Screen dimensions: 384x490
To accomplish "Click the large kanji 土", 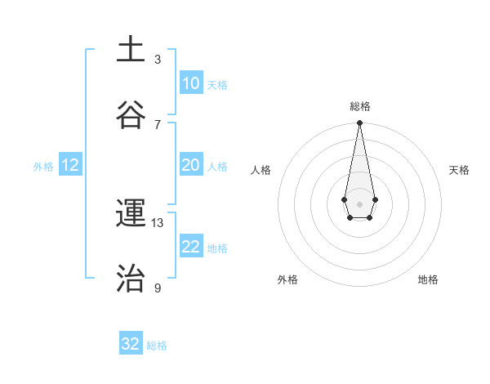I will pos(131,50).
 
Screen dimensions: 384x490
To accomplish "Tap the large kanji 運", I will pos(131,213).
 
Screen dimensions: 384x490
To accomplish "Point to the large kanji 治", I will pos(131,279).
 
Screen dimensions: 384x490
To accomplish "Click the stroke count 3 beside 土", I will pos(158,60).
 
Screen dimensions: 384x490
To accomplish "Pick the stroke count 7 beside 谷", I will pos(158,124).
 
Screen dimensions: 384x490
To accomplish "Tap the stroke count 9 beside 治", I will pos(158,288).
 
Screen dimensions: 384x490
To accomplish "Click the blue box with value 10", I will pos(190,83).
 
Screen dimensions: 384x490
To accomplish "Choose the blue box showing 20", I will pos(190,165).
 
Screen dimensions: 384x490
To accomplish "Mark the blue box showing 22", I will pos(190,247).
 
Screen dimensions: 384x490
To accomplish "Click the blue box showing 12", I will pos(70,165).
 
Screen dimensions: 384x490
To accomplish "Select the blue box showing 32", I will pos(131,344).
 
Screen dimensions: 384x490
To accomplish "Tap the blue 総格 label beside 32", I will pos(157,346).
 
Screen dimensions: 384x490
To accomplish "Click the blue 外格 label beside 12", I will pos(43,167).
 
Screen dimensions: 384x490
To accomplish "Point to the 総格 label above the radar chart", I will pos(360,106).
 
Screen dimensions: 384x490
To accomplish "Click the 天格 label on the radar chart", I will pos(460,170).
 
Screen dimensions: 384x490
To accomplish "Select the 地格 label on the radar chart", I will pos(428,279).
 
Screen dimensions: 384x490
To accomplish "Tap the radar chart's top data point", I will pos(359,123).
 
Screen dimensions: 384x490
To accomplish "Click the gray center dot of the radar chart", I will pos(359,203).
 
